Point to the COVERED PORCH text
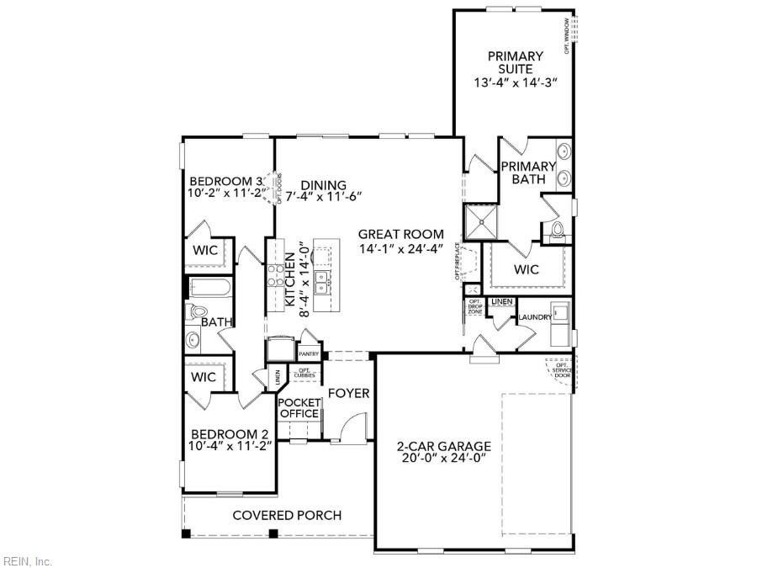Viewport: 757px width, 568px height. click(x=286, y=515)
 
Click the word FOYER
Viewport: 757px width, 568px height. click(x=348, y=393)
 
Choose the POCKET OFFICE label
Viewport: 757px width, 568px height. click(x=299, y=408)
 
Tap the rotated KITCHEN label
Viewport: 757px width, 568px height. click(x=290, y=279)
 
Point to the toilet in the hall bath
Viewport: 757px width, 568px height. click(x=196, y=312)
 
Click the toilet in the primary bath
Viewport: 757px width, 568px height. click(x=555, y=232)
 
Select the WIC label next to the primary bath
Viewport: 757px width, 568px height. click(x=527, y=270)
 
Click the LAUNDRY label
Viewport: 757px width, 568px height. click(x=534, y=317)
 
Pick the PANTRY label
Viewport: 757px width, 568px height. click(x=308, y=354)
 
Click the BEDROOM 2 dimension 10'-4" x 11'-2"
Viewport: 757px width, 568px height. click(x=230, y=446)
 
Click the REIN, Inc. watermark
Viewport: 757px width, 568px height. click(x=28, y=560)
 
